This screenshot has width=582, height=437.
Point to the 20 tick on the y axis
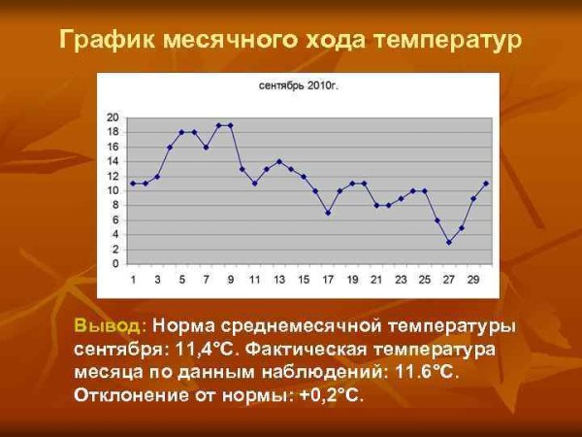[113, 118]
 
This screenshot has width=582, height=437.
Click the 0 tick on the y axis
[115, 264]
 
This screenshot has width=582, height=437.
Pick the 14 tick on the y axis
[113, 161]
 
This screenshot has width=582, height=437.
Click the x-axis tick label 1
[133, 280]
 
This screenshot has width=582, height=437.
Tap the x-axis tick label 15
[304, 280]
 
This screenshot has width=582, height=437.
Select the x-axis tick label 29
[473, 280]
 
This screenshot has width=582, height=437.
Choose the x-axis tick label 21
[376, 280]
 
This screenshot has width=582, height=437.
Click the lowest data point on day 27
[449, 242]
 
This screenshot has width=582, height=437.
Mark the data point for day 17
[328, 213]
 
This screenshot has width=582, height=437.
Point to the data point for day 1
[133, 184]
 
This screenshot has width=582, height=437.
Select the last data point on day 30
[486, 184]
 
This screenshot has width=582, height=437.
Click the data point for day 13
[279, 161]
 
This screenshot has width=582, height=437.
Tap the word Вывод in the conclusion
[110, 325]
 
